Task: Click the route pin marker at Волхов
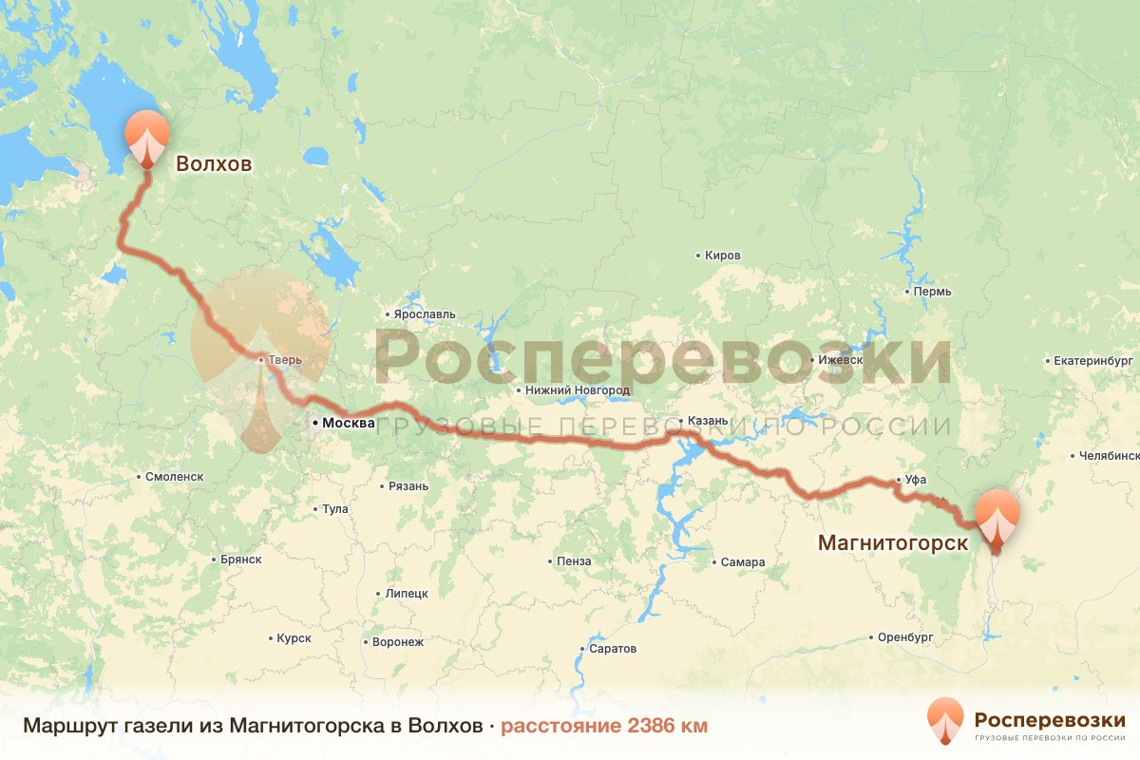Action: pos(146,138)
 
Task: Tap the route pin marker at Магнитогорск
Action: pos(997,518)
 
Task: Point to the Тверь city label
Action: pos(284,360)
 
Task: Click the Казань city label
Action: pos(708,421)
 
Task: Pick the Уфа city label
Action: pos(916,480)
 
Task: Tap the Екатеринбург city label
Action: pos(1094,361)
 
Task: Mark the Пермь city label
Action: pos(931,291)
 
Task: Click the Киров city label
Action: pos(723,256)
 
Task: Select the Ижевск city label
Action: pos(841,360)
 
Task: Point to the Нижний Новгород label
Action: pos(577,390)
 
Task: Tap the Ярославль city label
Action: pos(425,314)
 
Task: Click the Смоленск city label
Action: pos(175,477)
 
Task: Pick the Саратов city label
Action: pos(613,649)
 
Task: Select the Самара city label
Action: pos(742,561)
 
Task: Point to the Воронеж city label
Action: pos(398,642)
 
